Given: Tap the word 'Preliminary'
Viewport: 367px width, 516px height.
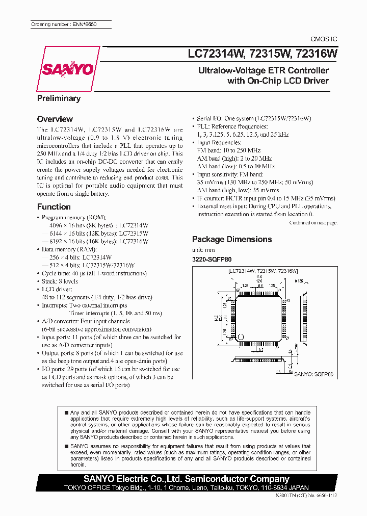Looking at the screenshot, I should (59, 98).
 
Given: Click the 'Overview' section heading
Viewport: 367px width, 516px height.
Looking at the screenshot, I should (55, 119).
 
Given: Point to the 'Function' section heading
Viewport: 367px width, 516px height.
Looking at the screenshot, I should (54, 207).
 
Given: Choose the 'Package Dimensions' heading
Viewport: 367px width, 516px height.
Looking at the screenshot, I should (231, 239).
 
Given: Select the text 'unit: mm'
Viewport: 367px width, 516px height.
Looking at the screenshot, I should (203, 250).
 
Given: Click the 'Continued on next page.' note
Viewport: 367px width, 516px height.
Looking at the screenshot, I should (313, 223).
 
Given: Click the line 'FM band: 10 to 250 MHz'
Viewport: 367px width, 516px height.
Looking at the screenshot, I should (228, 150).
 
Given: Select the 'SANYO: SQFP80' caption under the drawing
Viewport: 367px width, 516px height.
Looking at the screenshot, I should (314, 374).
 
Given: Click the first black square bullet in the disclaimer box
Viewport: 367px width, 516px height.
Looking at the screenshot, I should (67, 412).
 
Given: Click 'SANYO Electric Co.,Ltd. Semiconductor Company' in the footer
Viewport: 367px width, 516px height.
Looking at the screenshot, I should (187, 479).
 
